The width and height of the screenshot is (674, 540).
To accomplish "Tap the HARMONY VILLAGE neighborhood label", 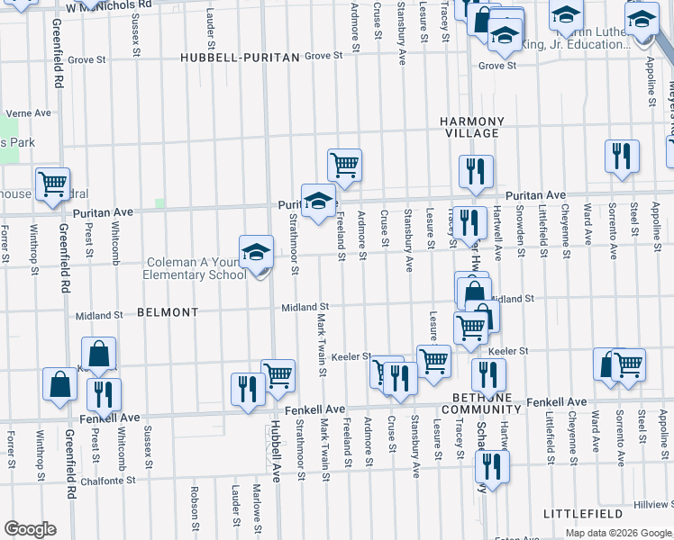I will tap(469, 127).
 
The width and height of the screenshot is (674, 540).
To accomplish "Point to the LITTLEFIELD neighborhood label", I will tap(583, 513).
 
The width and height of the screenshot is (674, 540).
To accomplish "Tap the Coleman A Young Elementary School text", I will tap(196, 269).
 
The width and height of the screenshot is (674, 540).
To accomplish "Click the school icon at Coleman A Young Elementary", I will tap(257, 252).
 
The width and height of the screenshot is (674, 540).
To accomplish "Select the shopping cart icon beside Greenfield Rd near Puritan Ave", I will tap(53, 184).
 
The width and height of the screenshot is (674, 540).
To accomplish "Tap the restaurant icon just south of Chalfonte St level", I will tap(492, 465).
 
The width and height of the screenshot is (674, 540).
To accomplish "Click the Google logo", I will tap(30, 529).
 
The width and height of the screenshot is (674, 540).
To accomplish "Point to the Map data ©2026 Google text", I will tap(618, 533).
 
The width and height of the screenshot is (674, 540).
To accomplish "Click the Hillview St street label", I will tap(653, 505).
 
